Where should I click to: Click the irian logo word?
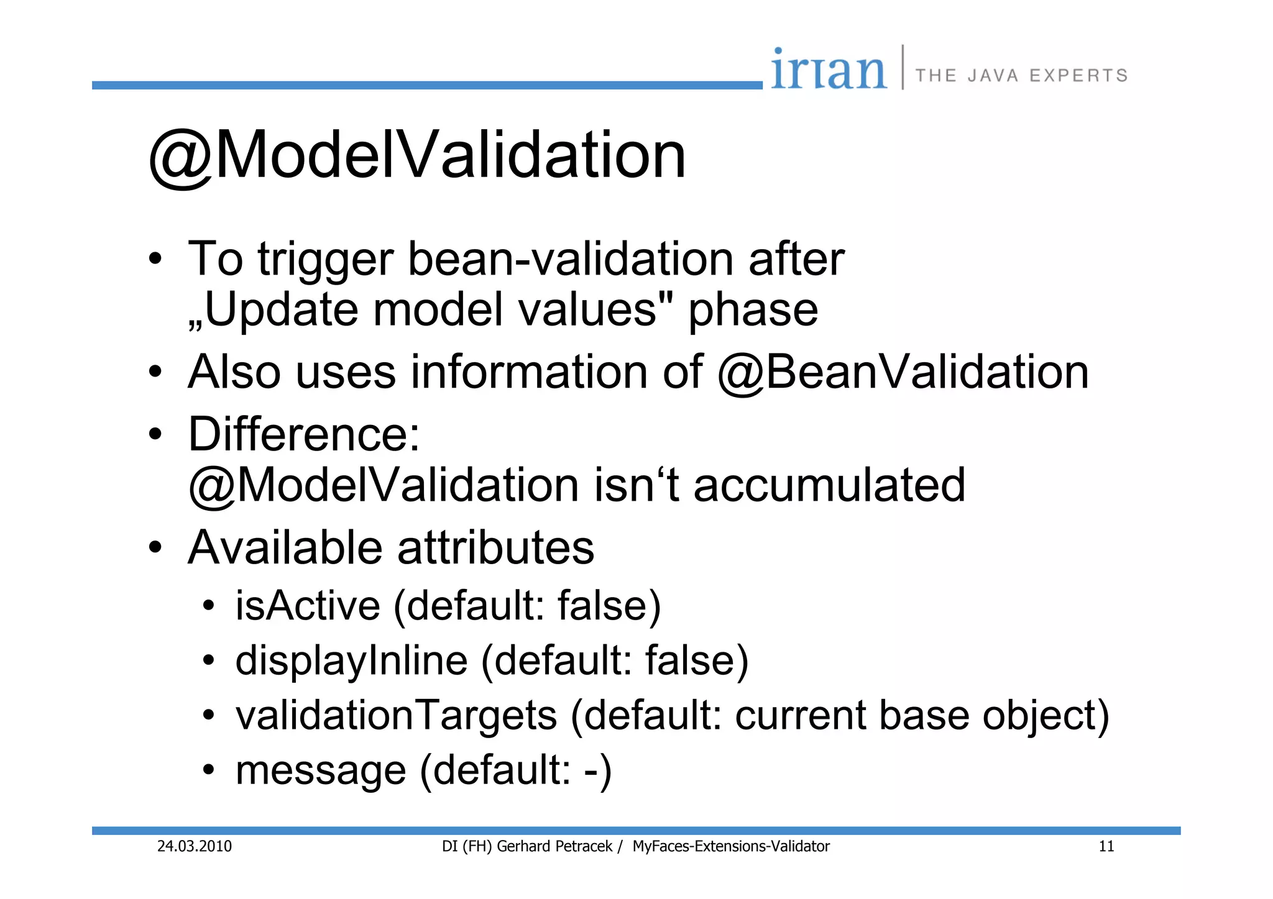coord(829,70)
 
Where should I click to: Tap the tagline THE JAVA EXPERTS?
coord(1021,76)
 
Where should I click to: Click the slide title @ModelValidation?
coord(417,155)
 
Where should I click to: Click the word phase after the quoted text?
coord(753,310)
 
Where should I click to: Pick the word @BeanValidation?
coord(903,372)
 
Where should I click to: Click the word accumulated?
coord(829,485)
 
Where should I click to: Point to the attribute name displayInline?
coord(351,660)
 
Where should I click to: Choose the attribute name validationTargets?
coord(396,716)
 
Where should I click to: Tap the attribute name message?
coord(321,771)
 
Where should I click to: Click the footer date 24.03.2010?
coord(194,846)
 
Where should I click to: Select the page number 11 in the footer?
coord(1106,846)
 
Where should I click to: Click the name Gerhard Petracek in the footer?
coord(554,846)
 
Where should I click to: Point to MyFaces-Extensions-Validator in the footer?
coord(731,846)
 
